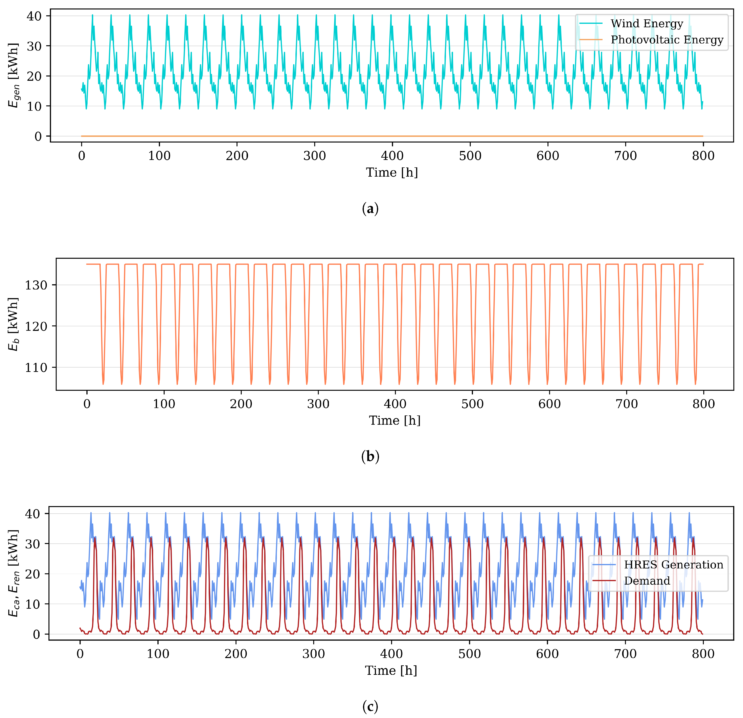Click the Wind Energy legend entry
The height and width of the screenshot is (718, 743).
[646, 23]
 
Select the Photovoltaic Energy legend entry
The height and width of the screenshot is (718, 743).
[667, 40]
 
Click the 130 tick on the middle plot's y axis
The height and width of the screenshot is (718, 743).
[36, 285]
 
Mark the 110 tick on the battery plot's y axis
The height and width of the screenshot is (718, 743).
[36, 368]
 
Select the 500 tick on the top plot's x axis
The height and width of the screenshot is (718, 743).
[470, 156]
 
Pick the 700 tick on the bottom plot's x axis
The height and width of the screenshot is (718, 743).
[625, 654]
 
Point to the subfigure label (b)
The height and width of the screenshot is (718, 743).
[370, 457]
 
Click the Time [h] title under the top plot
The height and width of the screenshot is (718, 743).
[392, 173]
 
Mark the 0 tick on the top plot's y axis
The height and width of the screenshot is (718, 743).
[38, 136]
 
